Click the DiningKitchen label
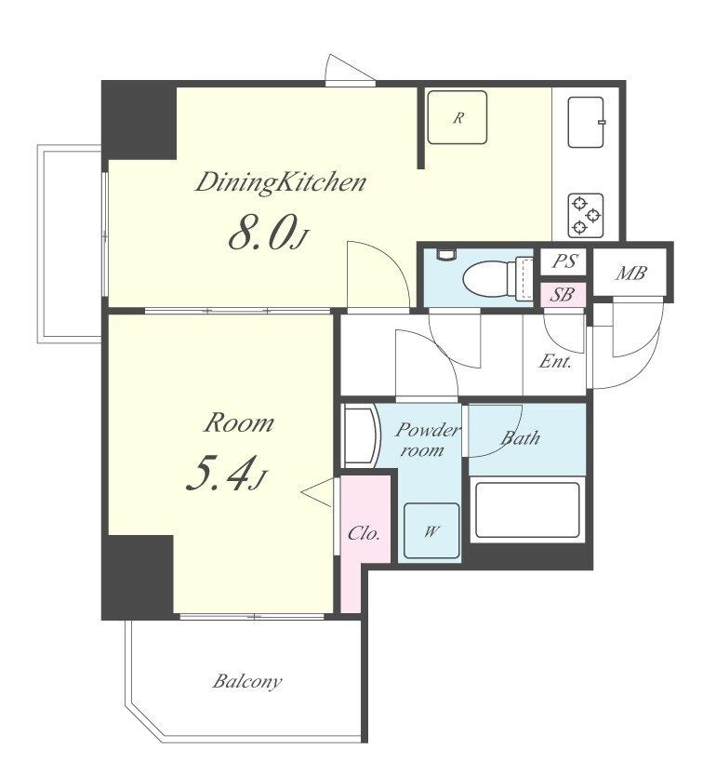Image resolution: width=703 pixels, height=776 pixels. coord(281,182)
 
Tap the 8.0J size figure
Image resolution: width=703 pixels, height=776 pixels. coord(268,232)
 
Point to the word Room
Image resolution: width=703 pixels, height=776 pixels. coord(238,423)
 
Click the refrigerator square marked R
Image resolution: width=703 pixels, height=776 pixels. coord(458,117)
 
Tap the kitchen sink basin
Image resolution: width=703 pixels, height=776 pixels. coord(587,122)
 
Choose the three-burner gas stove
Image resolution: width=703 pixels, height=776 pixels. coord(586,215)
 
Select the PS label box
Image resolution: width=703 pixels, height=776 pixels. coord(564,261)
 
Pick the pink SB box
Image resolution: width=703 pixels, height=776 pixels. coord(563,295)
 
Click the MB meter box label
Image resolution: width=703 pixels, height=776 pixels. coord(630,273)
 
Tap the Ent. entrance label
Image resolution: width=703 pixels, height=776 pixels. coord(555,362)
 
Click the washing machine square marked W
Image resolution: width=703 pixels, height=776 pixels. coord(431,531)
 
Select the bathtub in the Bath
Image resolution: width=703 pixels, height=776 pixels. coord(527,510)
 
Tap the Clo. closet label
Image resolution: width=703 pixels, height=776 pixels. coord(364,533)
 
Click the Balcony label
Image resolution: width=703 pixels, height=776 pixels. coord(247,681)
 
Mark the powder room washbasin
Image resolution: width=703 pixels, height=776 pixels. coord(362,435)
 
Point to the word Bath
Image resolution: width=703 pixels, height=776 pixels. coord(520,438)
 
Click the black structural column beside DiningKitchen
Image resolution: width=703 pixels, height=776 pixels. coord(139,120)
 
